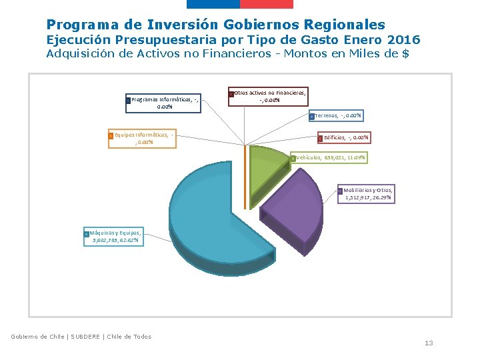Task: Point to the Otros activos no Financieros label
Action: (269, 96)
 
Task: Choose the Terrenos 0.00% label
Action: (337, 116)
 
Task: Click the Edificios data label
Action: (343, 138)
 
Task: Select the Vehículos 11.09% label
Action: (329, 158)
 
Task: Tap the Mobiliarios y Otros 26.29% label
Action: (366, 194)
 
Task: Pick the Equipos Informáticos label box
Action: (143, 138)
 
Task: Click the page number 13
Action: (429, 343)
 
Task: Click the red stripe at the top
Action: (266, 4)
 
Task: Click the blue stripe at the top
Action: (213, 4)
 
